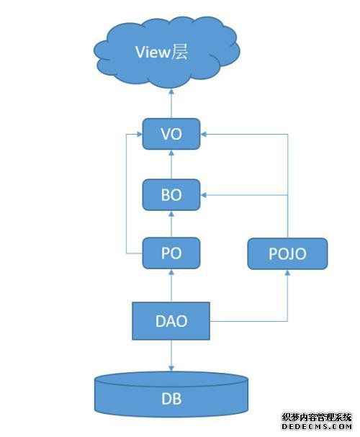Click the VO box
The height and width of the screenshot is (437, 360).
pos(171,134)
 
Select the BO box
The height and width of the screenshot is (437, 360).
pos(171,195)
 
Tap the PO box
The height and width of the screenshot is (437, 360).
pos(171,253)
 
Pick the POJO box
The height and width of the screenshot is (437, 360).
pos(287,253)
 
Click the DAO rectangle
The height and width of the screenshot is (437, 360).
pos(171,321)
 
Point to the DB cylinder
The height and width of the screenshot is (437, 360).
pos(171,394)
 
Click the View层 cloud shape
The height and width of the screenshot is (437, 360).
pos(166,52)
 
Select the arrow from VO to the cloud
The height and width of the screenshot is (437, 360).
pos(171,104)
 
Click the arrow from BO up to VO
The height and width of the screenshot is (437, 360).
pos(171,164)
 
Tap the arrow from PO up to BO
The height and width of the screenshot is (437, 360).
pos(171,224)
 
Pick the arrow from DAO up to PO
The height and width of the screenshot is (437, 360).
pos(171,286)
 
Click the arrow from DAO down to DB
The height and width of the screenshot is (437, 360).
pos(171,356)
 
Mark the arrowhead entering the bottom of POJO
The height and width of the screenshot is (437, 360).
pos(287,272)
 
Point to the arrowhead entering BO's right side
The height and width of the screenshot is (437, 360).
pos(204,195)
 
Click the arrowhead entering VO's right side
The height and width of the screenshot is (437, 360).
pos(204,135)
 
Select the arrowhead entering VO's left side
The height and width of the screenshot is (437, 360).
pos(139,135)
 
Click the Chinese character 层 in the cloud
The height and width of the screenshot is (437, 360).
pos(179,52)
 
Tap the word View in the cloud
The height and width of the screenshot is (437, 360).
pos(153,52)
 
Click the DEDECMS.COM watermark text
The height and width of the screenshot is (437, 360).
pos(317,426)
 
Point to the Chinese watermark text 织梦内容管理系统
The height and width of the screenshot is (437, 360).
pos(317,418)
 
